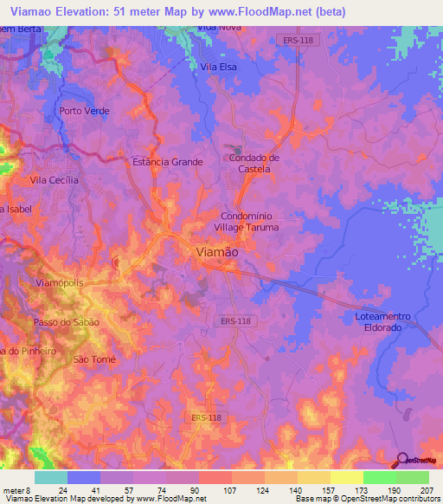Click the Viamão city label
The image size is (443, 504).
tap(213, 250)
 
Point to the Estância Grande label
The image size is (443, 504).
tap(167, 162)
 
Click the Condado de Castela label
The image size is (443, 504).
tap(255, 164)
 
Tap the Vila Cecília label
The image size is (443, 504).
tap(55, 180)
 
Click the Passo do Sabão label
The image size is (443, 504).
tap(67, 322)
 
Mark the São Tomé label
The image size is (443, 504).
tap(93, 359)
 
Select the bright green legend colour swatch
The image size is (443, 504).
tap(379, 477)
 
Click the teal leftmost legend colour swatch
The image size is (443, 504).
tap(51, 477)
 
